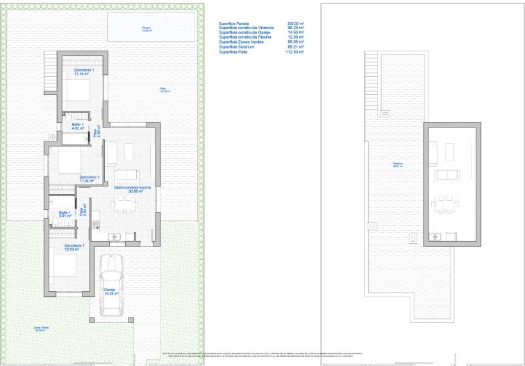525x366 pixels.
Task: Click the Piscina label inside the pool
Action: click(147, 29)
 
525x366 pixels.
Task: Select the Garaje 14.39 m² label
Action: click(110, 292)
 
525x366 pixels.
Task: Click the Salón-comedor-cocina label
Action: click(128, 189)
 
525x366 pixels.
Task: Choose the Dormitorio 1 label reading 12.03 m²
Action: click(74, 247)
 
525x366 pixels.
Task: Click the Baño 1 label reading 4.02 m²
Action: click(78, 126)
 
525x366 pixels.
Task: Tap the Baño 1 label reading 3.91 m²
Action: click(64, 214)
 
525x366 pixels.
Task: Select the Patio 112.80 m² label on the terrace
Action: click(162, 89)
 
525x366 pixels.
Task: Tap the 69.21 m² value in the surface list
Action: click(296, 47)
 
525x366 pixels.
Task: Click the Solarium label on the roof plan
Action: click(397, 165)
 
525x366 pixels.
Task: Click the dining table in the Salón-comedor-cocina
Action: click(126, 202)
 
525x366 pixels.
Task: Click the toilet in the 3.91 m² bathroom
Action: click(53, 222)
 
